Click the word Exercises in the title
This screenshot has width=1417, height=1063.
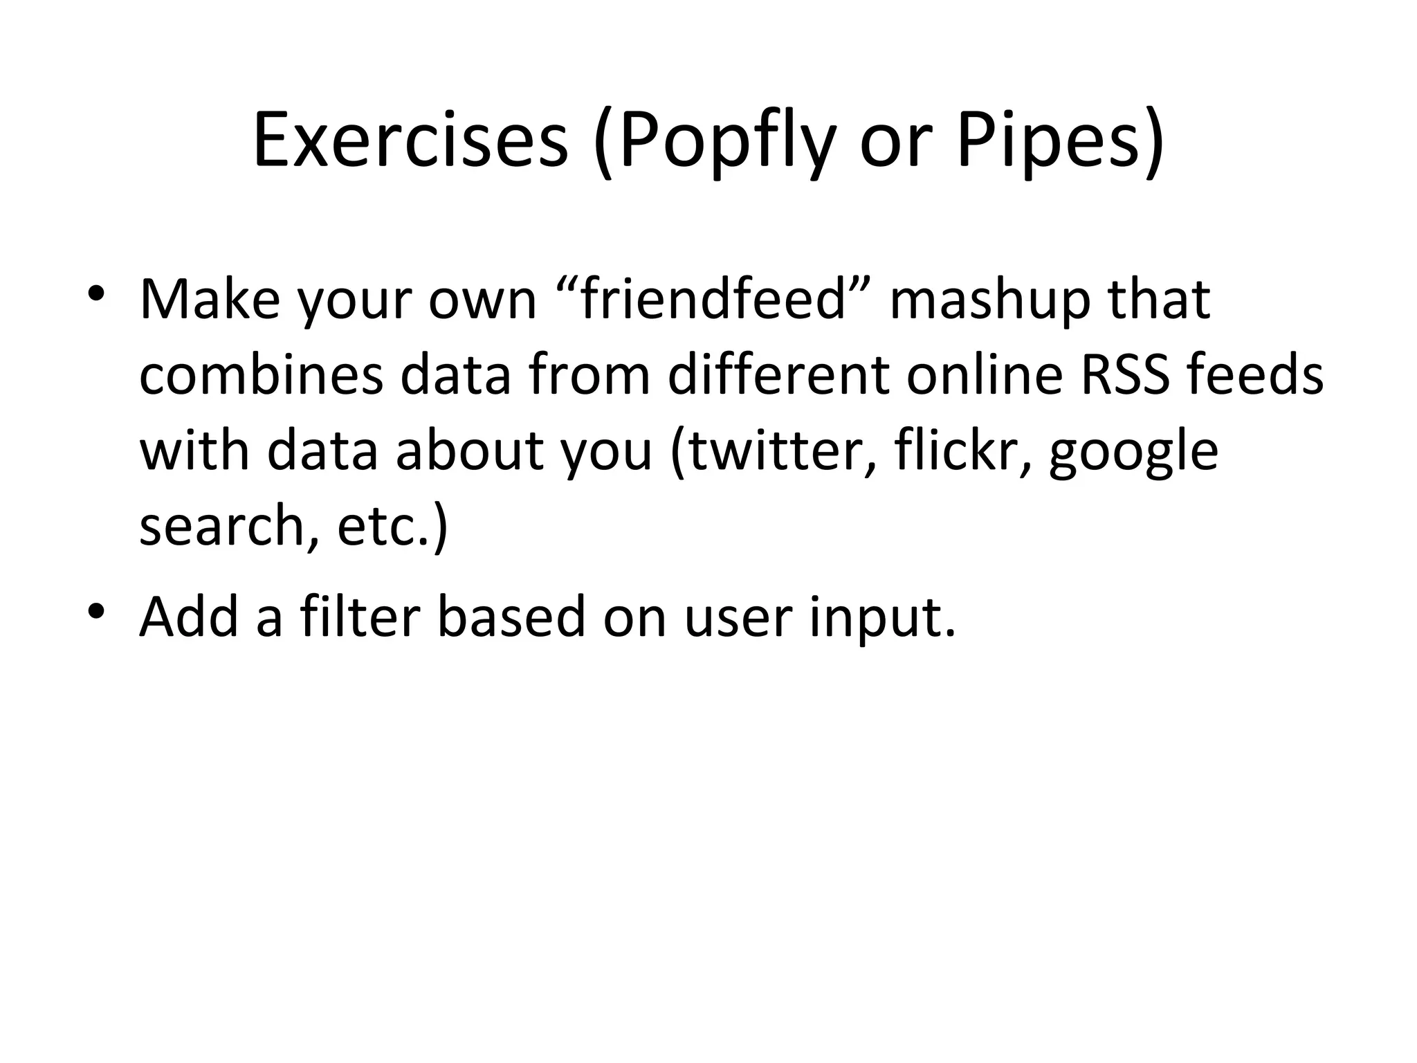(x=410, y=142)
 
